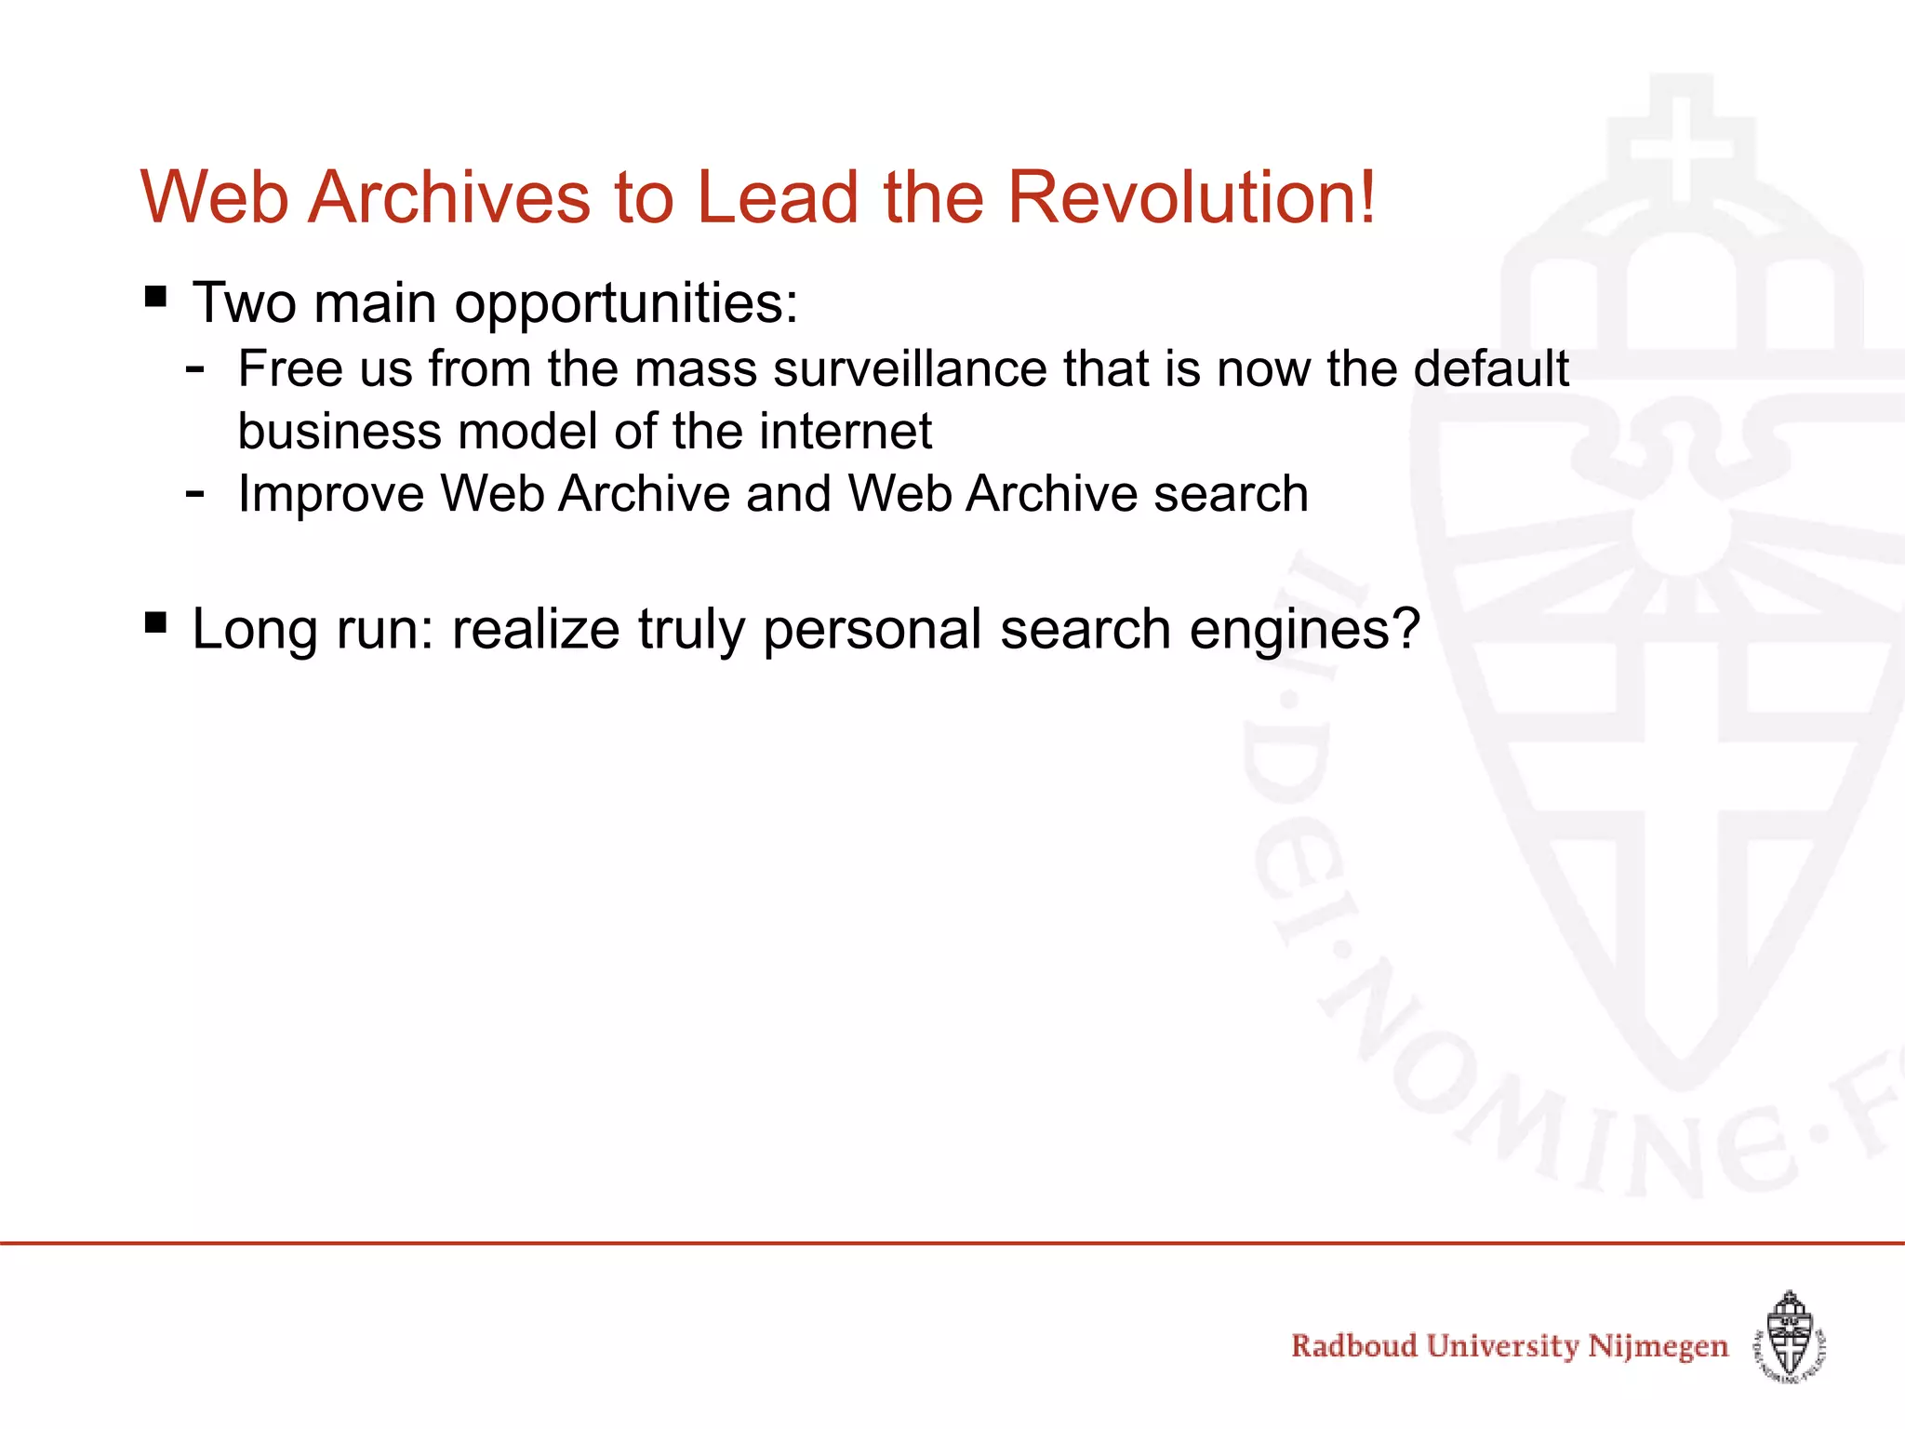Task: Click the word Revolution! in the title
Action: (x=1191, y=197)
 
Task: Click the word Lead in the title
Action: (x=778, y=197)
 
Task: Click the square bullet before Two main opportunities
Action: (x=156, y=297)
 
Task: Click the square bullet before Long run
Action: (x=156, y=621)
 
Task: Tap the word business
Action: (x=339, y=432)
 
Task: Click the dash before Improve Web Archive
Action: (x=194, y=493)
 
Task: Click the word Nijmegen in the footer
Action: (x=1658, y=1347)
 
